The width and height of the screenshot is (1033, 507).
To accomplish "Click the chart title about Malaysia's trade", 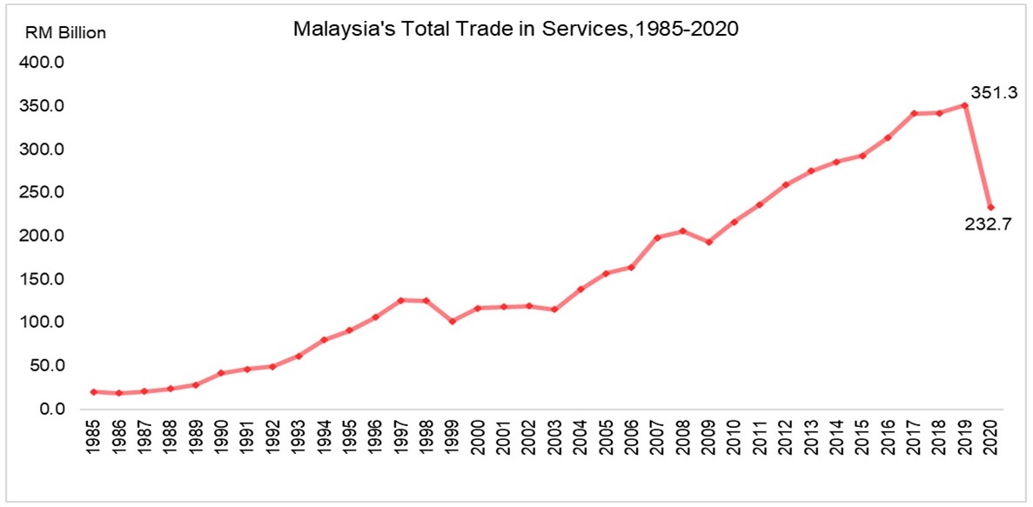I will (515, 29).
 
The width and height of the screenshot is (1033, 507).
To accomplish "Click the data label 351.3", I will (994, 93).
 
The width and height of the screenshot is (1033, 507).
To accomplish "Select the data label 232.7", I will (994, 225).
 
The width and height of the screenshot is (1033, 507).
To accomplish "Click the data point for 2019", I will (964, 105).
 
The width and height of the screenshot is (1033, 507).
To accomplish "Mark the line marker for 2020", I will (990, 207).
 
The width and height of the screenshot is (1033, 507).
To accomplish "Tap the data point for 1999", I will (452, 321).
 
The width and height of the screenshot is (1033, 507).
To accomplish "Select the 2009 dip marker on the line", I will (708, 242).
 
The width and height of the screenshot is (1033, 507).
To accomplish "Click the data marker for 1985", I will (93, 391).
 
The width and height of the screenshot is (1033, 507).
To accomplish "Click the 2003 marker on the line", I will (554, 310).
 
